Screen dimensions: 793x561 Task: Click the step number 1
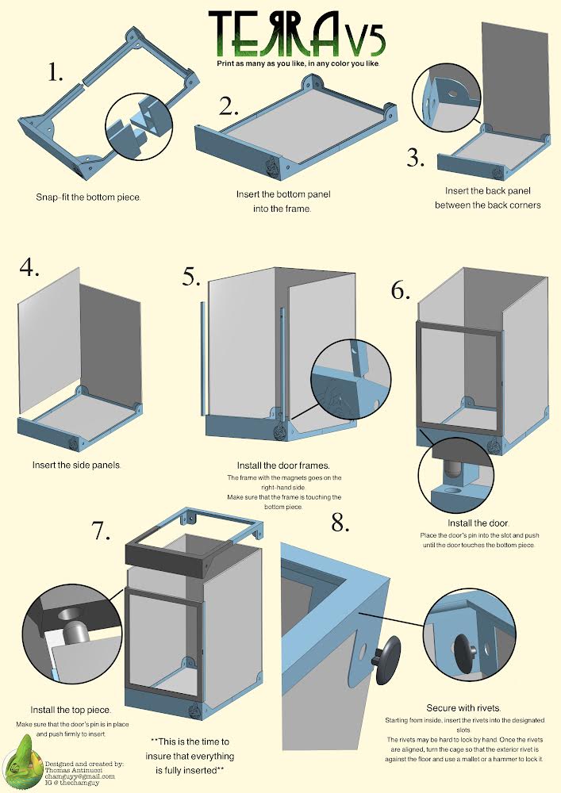[x=55, y=74]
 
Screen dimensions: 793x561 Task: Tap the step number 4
[x=29, y=267]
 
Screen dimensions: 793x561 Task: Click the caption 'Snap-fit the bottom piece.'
[x=88, y=196]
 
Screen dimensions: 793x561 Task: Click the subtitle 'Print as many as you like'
[x=298, y=62]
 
